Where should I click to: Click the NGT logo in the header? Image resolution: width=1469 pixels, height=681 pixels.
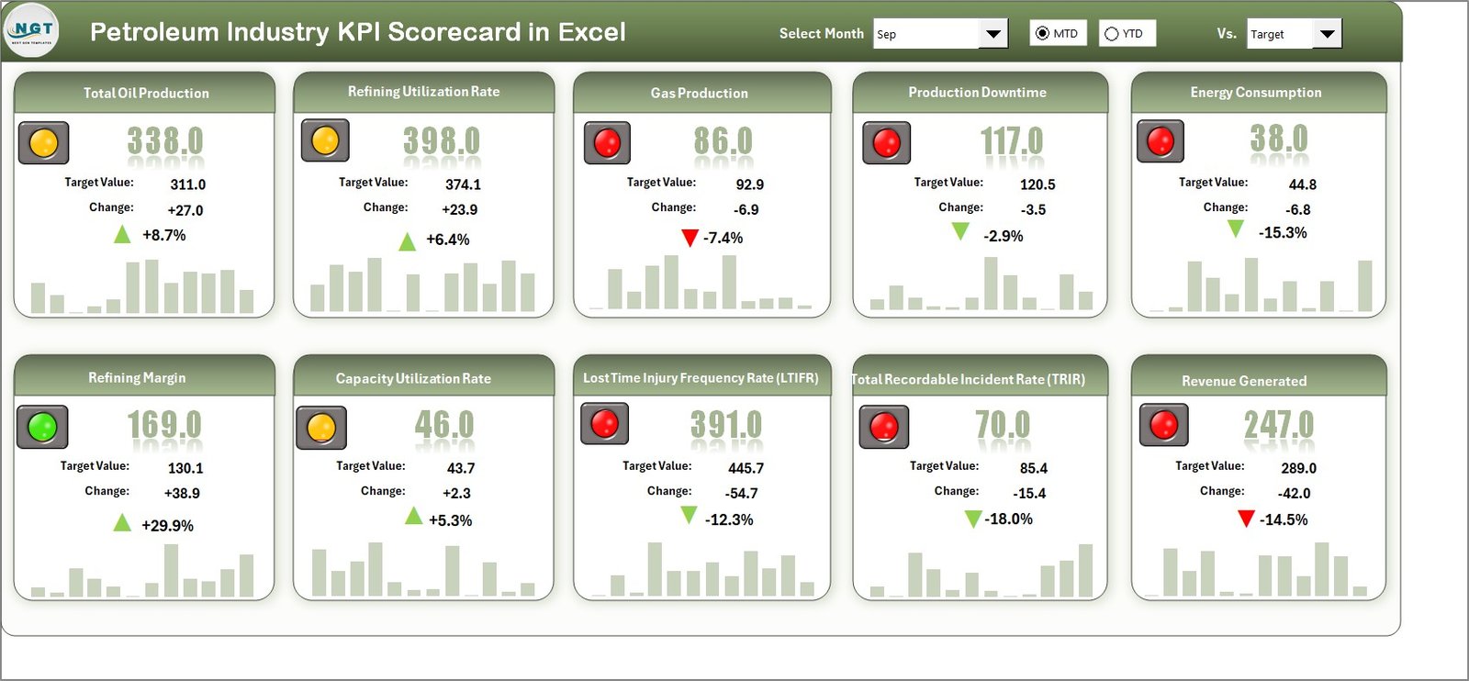pyautogui.click(x=32, y=30)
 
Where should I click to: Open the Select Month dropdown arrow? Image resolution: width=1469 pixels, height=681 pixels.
pyautogui.click(x=992, y=34)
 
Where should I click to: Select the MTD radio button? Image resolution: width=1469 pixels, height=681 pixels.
pyautogui.click(x=1042, y=33)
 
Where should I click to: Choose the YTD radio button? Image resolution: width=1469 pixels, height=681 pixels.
pyautogui.click(x=1112, y=34)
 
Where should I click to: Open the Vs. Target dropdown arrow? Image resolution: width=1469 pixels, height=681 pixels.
pyautogui.click(x=1327, y=34)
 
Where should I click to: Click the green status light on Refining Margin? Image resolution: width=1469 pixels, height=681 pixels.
pyautogui.click(x=42, y=427)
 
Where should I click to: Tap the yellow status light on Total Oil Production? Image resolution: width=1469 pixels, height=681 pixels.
pyautogui.click(x=44, y=143)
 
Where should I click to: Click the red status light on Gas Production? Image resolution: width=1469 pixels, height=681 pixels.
pyautogui.click(x=607, y=143)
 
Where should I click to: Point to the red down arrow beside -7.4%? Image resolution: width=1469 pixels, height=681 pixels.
pyautogui.click(x=690, y=239)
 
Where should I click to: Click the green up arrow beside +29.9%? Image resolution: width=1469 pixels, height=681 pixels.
pyautogui.click(x=122, y=523)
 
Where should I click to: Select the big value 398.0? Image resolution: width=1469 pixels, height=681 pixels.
pyautogui.click(x=441, y=141)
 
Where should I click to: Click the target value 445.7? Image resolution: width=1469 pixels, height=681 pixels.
pyautogui.click(x=746, y=468)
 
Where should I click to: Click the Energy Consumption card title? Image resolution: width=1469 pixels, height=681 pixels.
pyautogui.click(x=1255, y=93)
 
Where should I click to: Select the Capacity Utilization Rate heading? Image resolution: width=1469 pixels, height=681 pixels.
pyautogui.click(x=413, y=378)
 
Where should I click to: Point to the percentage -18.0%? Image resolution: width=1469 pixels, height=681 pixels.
pyautogui.click(x=1009, y=519)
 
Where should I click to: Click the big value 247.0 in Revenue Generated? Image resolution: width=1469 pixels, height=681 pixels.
pyautogui.click(x=1278, y=425)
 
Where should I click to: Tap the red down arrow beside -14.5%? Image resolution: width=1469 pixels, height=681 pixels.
pyautogui.click(x=1246, y=519)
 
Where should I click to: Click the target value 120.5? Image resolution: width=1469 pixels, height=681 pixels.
pyautogui.click(x=1037, y=184)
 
